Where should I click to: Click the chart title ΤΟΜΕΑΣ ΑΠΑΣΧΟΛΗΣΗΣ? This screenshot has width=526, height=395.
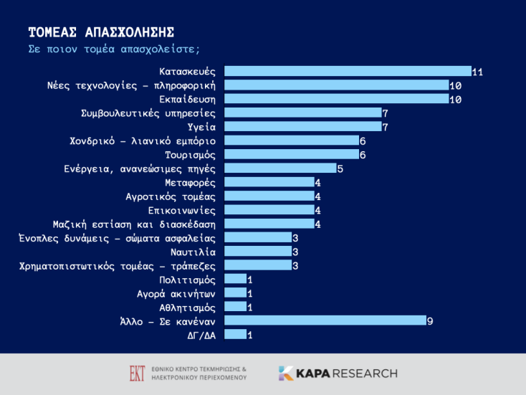(101, 32)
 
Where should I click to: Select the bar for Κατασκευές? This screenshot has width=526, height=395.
(348, 71)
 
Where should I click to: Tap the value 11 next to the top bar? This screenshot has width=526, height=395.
(477, 71)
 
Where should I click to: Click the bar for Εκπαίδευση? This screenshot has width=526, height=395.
(336, 99)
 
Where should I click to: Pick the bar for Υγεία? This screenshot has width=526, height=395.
(302, 127)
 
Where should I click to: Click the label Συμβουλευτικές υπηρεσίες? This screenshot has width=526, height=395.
(149, 113)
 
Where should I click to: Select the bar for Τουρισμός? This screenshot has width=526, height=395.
(291, 154)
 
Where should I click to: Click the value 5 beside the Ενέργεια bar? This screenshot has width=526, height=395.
(340, 168)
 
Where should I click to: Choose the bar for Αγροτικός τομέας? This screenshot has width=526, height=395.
(269, 196)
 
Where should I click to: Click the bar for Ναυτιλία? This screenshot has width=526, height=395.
(257, 252)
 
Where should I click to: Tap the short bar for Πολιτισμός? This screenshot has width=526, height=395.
(235, 279)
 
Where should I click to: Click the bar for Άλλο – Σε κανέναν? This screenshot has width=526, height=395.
(325, 320)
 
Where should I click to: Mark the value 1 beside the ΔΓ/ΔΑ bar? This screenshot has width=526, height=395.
(249, 335)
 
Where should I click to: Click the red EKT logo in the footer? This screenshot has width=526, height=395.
(136, 373)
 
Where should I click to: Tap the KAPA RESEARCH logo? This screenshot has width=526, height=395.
(337, 373)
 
